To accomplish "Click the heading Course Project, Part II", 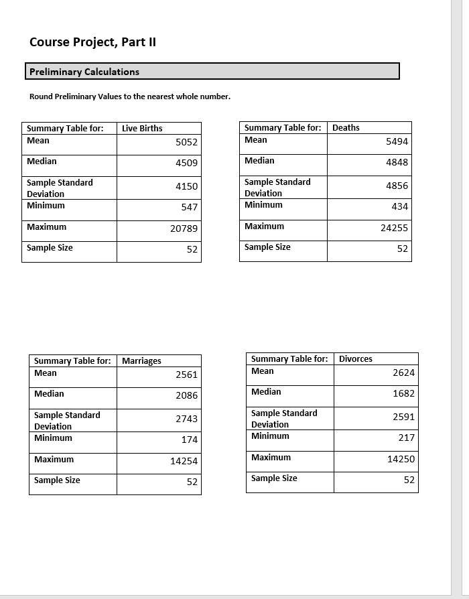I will pyautogui.click(x=92, y=42).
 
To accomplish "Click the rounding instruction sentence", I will pyautogui.click(x=130, y=96).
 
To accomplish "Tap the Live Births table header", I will pyautogui.click(x=142, y=128).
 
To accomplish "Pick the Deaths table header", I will pyautogui.click(x=346, y=127).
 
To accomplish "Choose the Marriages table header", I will pyautogui.click(x=141, y=360).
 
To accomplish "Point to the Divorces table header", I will pyautogui.click(x=355, y=358).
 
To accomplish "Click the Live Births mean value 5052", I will pyautogui.click(x=186, y=142).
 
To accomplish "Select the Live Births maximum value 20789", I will pyautogui.click(x=184, y=228).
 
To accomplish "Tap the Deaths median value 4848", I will pyautogui.click(x=397, y=162).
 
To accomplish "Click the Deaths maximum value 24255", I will pyautogui.click(x=394, y=228).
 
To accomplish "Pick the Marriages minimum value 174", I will pyautogui.click(x=189, y=440).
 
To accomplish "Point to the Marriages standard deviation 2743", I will pyautogui.click(x=186, y=419).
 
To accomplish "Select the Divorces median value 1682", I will pyautogui.click(x=403, y=393).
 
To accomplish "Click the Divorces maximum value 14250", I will pyautogui.click(x=401, y=459).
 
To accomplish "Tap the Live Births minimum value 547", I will pyautogui.click(x=189, y=207).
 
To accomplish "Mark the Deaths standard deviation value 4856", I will pyautogui.click(x=397, y=186).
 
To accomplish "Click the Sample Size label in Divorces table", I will pyautogui.click(x=274, y=478).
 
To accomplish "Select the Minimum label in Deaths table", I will pyautogui.click(x=263, y=204).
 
